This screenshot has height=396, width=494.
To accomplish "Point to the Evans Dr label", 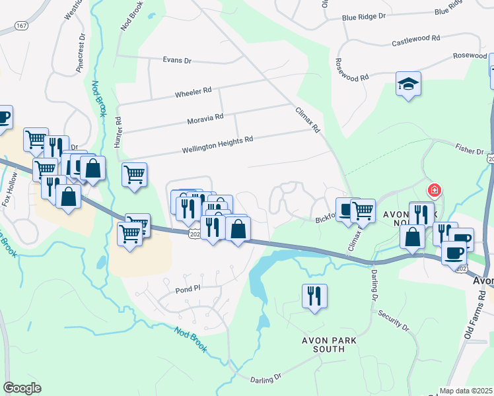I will coord(177,60).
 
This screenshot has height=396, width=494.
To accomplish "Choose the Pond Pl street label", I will coord(188,288).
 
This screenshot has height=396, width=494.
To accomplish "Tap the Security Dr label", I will coord(395,319).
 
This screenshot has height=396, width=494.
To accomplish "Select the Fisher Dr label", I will coord(470,150).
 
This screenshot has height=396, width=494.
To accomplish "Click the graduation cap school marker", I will coord(408,84).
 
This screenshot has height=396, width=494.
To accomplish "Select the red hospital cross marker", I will coord(434,191).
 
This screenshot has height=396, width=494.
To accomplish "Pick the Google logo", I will coord(22,388).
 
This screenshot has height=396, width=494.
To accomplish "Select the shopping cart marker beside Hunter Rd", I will coord(134,174).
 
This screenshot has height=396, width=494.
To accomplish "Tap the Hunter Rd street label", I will coord(119,133).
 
